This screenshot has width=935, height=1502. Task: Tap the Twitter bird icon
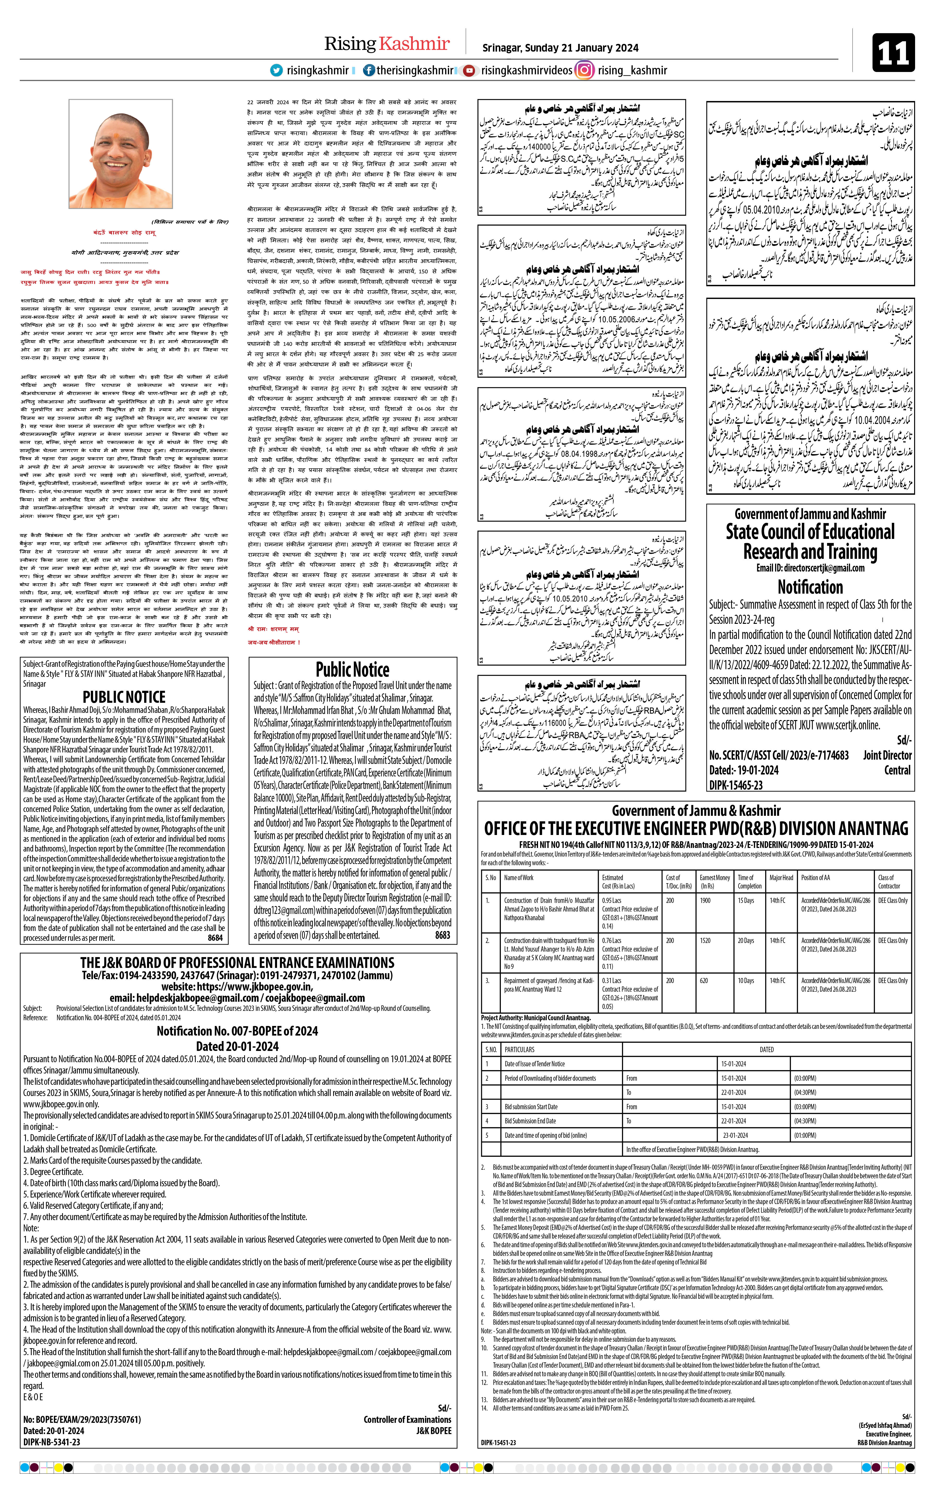point(276,71)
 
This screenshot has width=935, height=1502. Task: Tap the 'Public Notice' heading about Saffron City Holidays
point(352,670)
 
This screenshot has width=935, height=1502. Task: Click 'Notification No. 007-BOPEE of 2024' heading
point(237,1031)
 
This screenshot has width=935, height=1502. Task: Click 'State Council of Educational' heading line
point(810,532)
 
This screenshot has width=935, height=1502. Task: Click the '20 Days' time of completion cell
point(746,941)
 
